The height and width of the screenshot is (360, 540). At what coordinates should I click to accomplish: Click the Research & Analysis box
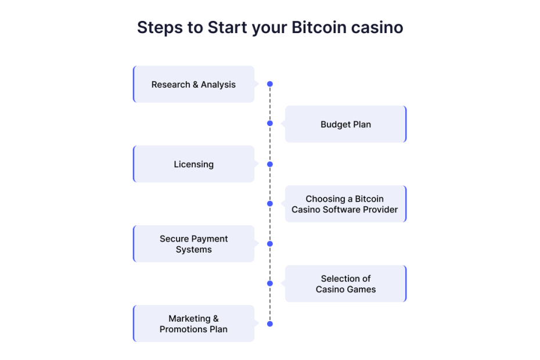pos(193,84)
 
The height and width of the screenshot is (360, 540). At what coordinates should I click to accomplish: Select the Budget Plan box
pos(345,124)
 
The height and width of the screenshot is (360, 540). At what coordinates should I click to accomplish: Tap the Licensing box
pos(193,164)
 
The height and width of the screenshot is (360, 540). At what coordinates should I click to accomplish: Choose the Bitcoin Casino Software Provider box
pos(345,204)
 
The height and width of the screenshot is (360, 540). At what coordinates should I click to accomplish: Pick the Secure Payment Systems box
pos(193,244)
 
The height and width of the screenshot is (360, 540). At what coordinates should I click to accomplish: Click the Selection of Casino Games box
pos(345,283)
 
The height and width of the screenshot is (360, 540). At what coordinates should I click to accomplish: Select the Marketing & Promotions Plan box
pos(193,323)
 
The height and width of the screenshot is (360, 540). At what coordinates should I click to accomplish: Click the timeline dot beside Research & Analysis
pos(270,84)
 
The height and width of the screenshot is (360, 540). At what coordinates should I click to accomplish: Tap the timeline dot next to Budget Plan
pos(270,123)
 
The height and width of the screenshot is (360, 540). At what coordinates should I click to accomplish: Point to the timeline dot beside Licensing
pos(270,164)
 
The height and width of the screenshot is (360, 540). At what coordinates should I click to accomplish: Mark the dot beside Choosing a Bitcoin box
pos(270,204)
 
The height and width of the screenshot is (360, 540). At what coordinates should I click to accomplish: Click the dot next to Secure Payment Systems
pos(270,244)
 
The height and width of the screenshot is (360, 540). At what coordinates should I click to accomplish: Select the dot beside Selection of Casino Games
pos(270,283)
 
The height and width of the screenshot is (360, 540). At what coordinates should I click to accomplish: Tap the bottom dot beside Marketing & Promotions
pos(270,324)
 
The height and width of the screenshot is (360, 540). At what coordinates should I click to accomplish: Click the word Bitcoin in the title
pos(319,27)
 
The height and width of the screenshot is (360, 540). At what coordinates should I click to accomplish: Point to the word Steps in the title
pos(160,28)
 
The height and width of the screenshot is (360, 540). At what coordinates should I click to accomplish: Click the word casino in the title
pos(377,27)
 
